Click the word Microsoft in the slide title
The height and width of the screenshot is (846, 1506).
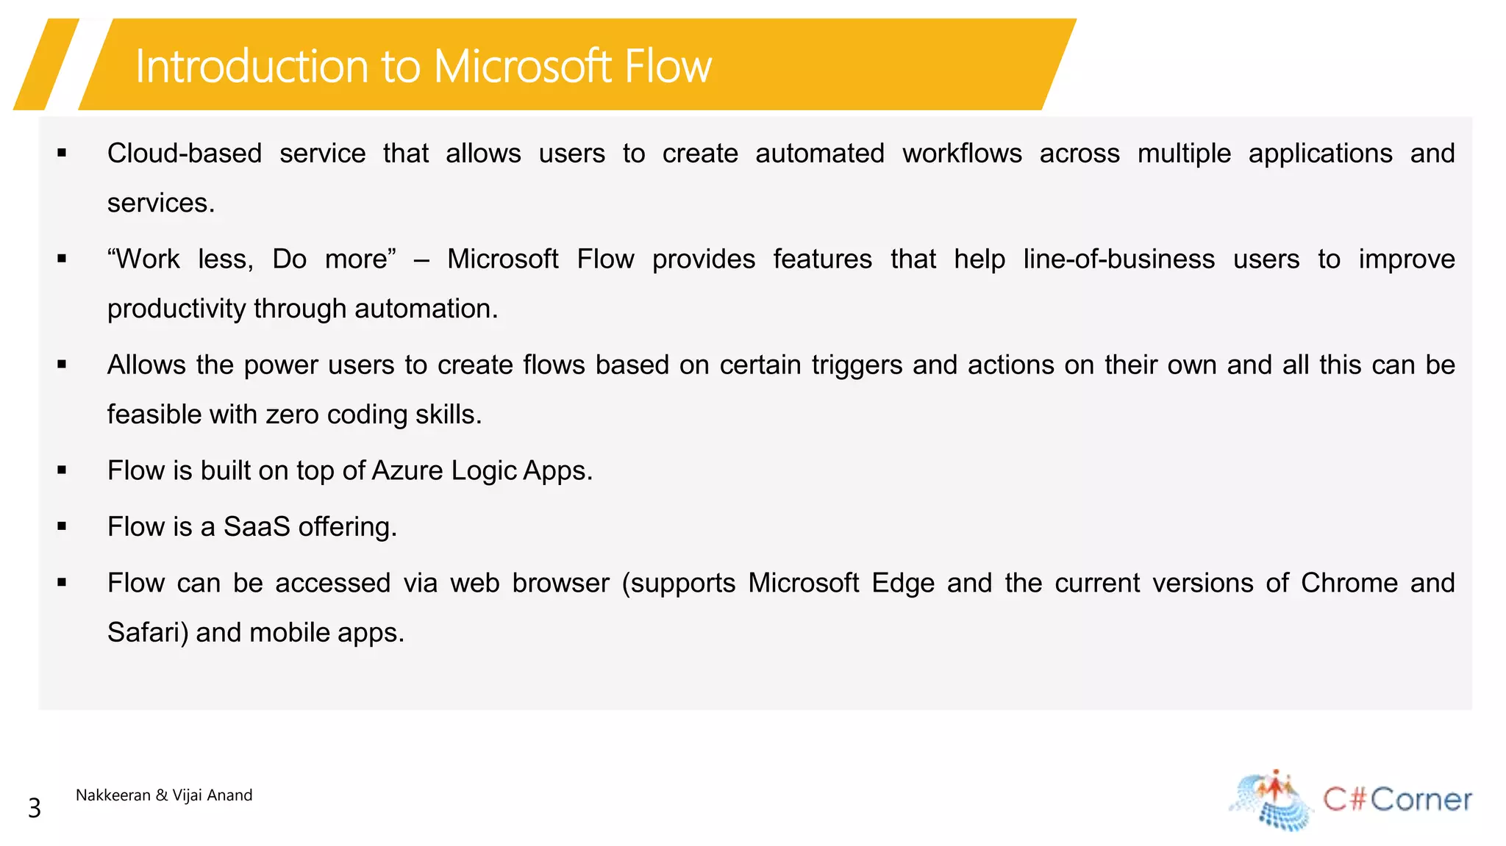click(522, 67)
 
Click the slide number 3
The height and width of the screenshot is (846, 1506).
click(35, 809)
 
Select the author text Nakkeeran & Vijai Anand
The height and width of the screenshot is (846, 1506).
click(164, 795)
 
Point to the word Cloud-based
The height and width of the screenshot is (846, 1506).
click(185, 154)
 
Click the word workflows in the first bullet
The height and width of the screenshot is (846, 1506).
click(962, 154)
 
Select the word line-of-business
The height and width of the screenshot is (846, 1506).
click(1118, 259)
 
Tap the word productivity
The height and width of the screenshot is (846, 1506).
click(176, 309)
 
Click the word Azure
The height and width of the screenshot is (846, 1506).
click(407, 471)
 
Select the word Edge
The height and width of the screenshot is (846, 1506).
click(903, 583)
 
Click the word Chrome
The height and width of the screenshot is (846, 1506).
click(1349, 583)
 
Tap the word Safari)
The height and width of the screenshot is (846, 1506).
click(148, 633)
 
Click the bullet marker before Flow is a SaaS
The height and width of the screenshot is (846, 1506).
click(62, 526)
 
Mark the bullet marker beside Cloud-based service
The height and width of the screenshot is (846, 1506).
click(62, 153)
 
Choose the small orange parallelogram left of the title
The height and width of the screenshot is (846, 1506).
click(46, 65)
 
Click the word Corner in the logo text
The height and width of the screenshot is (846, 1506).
click(1421, 800)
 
